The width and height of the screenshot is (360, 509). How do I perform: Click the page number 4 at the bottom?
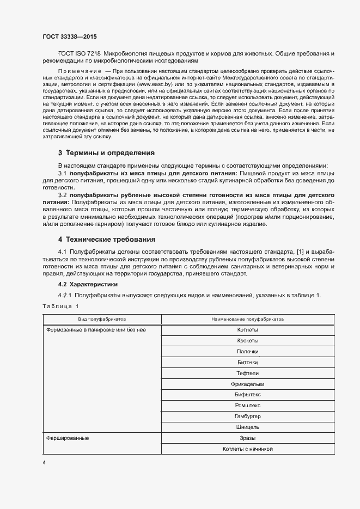point(45,462)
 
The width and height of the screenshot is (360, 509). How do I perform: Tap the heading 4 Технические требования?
point(107,239)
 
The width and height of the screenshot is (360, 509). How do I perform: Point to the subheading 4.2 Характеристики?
point(87,284)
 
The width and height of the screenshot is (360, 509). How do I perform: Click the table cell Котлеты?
point(248,330)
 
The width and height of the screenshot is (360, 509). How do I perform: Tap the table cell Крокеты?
point(248,341)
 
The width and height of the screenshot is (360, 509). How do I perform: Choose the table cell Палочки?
point(248,352)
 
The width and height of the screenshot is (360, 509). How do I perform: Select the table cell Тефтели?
point(248,373)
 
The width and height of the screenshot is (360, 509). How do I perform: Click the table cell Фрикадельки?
point(248,384)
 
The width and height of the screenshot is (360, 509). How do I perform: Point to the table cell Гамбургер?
point(248,416)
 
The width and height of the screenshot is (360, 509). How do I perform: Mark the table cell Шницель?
point(248,427)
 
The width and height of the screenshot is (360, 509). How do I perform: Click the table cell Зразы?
point(248,438)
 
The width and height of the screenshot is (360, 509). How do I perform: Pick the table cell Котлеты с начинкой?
point(248,449)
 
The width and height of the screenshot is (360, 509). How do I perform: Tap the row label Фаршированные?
point(68,438)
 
